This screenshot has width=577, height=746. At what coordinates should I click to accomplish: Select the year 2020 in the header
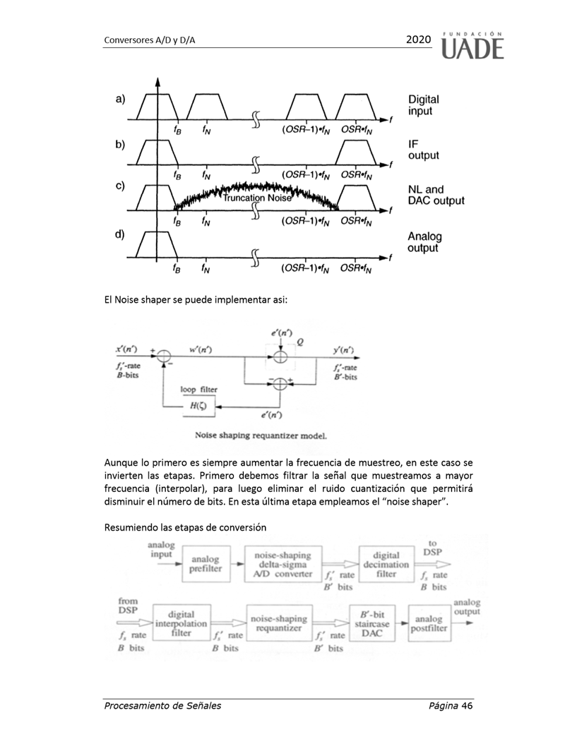point(418,40)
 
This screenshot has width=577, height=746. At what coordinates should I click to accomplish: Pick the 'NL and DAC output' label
point(436,195)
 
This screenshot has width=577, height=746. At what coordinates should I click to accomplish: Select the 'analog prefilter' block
point(206,565)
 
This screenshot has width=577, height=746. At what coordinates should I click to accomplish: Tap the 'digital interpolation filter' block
point(181,623)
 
